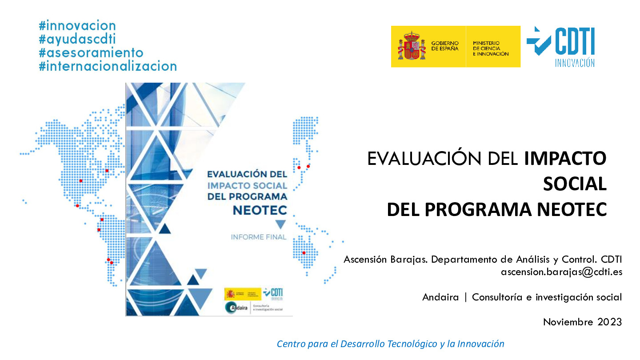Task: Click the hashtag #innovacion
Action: (77, 26)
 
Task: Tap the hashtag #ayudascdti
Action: (77, 39)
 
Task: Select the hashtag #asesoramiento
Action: (91, 52)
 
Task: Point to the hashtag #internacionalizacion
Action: (108, 66)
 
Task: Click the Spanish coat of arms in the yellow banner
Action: (408, 46)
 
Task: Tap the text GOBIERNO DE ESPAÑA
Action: (444, 46)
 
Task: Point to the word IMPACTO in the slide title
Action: (565, 159)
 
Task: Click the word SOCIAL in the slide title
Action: (575, 184)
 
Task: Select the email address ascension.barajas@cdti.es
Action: (561, 272)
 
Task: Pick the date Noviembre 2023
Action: (582, 322)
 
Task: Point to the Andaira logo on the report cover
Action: (237, 308)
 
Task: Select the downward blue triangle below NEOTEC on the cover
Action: (280, 224)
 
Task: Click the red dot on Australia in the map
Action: (304, 253)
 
